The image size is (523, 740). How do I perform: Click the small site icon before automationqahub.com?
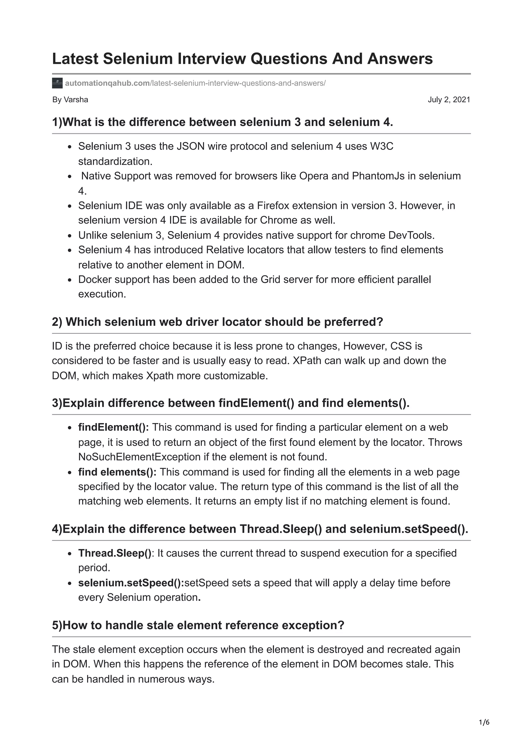click(x=57, y=83)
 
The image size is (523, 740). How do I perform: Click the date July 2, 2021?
click(x=449, y=100)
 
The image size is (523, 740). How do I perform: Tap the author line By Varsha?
click(x=70, y=100)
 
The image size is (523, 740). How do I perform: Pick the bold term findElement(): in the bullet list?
click(x=113, y=427)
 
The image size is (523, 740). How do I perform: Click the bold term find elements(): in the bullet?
click(x=117, y=472)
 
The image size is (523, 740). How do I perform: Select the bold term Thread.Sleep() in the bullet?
click(x=115, y=553)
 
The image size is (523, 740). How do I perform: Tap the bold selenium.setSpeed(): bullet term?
click(x=131, y=583)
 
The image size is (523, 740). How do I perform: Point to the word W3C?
click(x=382, y=146)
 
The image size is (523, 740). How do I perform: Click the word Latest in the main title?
click(x=75, y=59)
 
